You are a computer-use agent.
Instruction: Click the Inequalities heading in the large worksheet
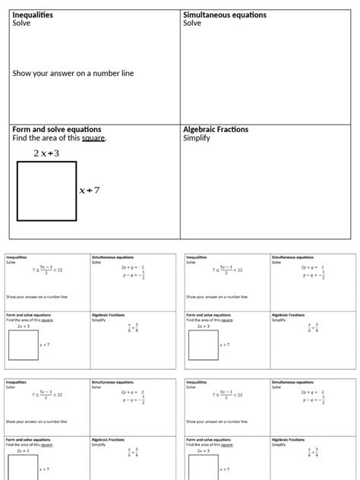pyautogui.click(x=33, y=14)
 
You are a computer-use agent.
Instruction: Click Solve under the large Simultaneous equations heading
pyautogui.click(x=192, y=24)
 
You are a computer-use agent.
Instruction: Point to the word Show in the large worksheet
pyautogui.click(x=22, y=74)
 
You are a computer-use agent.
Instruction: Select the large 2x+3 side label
pyautogui.click(x=46, y=153)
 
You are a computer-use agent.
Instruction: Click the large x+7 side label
pyautogui.click(x=90, y=191)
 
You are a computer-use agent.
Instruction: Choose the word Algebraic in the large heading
pyautogui.click(x=204, y=129)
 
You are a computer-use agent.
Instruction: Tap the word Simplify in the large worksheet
pyautogui.click(x=197, y=138)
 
